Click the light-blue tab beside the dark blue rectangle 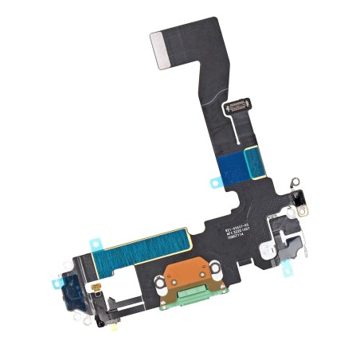216,182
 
